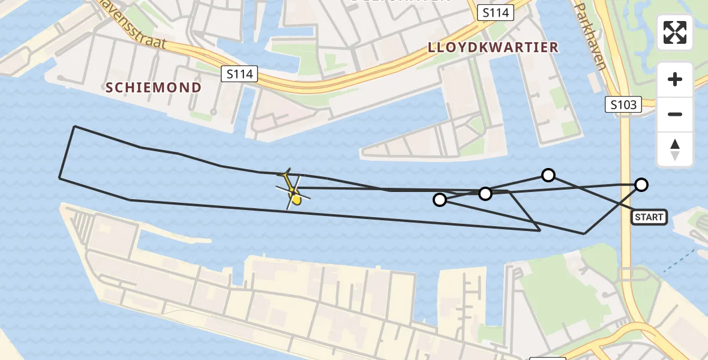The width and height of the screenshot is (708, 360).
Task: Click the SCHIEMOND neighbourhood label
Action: (154, 88)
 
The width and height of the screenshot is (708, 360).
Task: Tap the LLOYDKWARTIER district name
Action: (493, 47)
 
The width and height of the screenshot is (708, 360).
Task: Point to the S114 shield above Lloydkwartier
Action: (496, 13)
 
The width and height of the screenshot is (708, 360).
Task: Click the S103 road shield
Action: (623, 105)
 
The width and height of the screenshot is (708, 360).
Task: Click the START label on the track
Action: (649, 217)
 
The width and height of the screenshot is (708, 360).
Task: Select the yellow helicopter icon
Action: (293, 192)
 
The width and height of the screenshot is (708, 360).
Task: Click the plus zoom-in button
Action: (675, 79)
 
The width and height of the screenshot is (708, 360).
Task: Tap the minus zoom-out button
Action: (675, 115)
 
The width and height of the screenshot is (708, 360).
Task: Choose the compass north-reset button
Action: (675, 149)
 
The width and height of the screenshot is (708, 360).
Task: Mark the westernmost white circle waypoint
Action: (440, 200)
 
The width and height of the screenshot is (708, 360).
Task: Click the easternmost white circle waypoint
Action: (641, 185)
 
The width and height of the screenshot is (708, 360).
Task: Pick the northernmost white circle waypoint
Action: (548, 175)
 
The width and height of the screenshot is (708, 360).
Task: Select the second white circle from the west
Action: (485, 194)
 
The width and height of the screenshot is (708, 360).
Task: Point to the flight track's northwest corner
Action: (74, 127)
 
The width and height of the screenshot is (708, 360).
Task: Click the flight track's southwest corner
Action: (59, 178)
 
